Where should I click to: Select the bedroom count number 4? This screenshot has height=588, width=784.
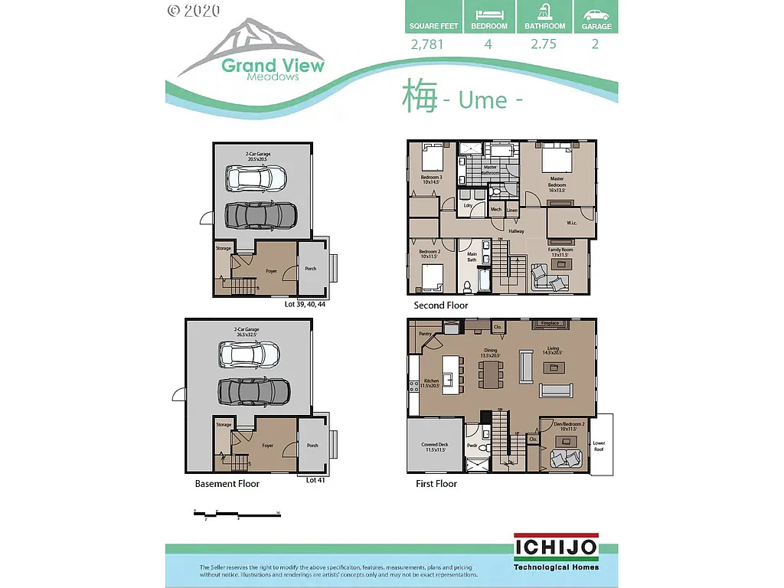point(488,44)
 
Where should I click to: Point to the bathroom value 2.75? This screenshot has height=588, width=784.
point(545,44)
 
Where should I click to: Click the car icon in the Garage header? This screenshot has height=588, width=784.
point(596,15)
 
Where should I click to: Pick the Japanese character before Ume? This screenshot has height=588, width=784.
point(420,97)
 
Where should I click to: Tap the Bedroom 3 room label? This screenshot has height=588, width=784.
point(431,181)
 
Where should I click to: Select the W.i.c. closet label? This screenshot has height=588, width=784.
point(572,224)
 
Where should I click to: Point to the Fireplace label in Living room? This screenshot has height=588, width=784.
point(550,323)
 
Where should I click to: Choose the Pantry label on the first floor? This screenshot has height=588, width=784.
point(426,334)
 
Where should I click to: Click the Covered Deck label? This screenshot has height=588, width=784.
point(434,447)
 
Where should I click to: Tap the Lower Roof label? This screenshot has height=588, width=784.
point(599,445)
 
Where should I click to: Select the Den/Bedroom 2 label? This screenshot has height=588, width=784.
point(567,426)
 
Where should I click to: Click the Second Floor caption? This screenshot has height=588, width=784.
point(440,305)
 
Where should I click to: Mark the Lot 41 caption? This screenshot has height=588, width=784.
point(316,480)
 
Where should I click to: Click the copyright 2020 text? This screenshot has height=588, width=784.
point(193,10)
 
